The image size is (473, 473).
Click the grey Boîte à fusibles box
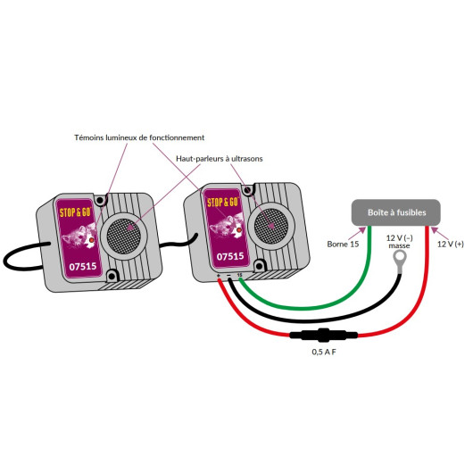pos(395,212)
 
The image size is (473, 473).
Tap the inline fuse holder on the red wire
pos(323,335)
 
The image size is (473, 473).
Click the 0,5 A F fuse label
pos(324,352)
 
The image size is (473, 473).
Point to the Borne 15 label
pos(343,244)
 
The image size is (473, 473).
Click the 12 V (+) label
pos(451,244)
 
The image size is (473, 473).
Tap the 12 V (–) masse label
pos(400,242)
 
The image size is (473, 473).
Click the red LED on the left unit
pos(91,240)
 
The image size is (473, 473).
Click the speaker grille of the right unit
pos(270,225)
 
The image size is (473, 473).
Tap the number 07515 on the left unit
pos(83,266)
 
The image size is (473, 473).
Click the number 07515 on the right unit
pos(230,256)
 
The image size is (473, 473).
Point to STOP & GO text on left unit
pos(75,212)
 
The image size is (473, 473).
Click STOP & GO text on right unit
pos(222,202)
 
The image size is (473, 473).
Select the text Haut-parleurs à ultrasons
pos(220,159)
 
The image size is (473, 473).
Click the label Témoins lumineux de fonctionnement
pos(139,137)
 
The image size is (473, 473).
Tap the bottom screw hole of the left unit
pos(112,276)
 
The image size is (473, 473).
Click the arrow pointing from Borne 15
pos(357,234)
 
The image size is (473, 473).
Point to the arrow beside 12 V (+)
pos(439,233)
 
